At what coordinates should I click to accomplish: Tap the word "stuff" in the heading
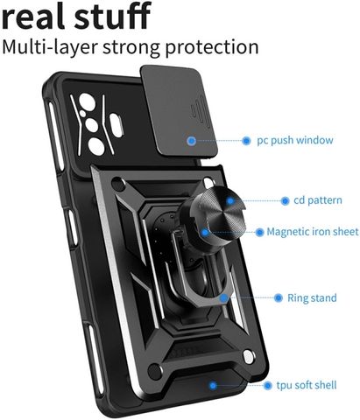tap(112, 15)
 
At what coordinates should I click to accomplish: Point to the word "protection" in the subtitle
tap(212, 47)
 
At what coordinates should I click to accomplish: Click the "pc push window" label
tap(295, 140)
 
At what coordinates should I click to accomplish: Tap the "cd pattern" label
tap(318, 200)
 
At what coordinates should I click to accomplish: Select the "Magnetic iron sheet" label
tap(313, 232)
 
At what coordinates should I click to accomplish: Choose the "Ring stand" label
tap(312, 297)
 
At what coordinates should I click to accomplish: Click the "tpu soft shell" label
tap(307, 385)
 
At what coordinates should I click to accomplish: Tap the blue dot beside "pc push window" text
tap(246, 141)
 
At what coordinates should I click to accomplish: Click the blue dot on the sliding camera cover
tap(192, 141)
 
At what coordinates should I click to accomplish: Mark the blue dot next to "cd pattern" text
tap(285, 200)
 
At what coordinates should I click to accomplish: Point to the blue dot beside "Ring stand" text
tap(279, 297)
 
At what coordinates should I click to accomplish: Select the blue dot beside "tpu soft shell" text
tap(267, 386)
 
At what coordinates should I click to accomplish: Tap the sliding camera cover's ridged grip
tap(200, 113)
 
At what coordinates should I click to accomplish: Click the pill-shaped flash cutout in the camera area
tap(116, 125)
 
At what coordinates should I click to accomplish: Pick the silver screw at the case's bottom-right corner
tap(248, 357)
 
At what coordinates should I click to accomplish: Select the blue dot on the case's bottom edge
tap(213, 386)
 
